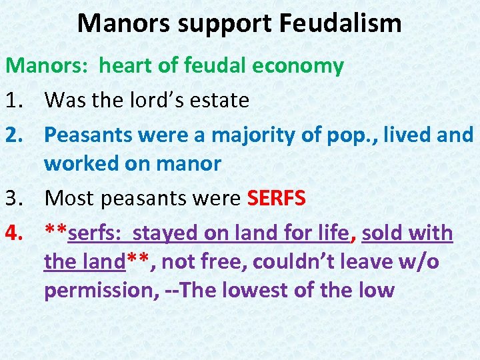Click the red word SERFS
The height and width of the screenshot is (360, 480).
(276, 198)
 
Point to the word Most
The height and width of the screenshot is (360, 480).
(70, 198)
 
